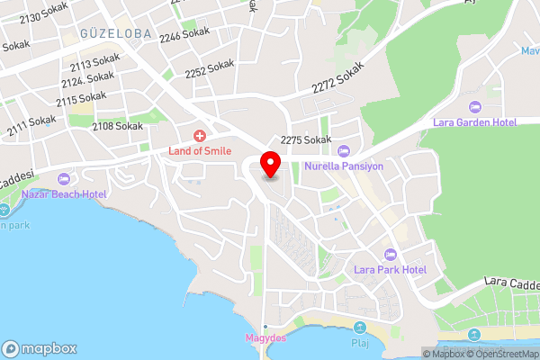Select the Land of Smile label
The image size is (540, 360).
point(200,150)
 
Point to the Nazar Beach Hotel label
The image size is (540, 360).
point(64,193)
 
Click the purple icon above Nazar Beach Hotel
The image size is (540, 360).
point(63,178)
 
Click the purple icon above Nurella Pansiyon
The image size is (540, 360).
point(345,150)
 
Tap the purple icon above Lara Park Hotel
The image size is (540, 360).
point(389,254)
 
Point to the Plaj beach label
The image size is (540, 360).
point(360,343)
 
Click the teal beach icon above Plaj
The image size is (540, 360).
point(360,328)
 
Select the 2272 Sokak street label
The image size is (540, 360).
point(338,79)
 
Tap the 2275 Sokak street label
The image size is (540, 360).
point(306,139)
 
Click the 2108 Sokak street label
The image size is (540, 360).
point(117,126)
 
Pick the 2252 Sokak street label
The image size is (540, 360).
point(209,71)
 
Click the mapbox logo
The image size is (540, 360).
point(40,348)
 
